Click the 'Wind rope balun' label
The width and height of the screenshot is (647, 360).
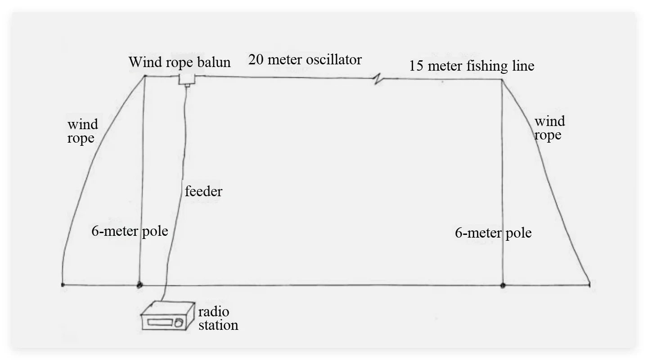(x=180, y=62)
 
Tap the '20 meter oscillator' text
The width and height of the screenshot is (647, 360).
(x=305, y=59)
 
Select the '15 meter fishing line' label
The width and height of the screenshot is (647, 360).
(x=472, y=66)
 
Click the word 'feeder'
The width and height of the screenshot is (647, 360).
(x=203, y=192)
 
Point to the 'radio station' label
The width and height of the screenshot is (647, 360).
(x=218, y=319)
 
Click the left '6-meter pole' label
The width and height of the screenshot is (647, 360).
(x=130, y=231)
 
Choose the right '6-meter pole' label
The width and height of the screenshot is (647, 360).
(x=493, y=233)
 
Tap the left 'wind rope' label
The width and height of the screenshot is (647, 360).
(x=82, y=131)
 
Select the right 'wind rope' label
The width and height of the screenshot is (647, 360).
(x=549, y=128)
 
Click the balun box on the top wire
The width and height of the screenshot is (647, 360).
(x=186, y=80)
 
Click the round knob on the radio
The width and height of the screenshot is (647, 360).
(x=179, y=322)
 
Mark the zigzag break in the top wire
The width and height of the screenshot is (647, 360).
(x=378, y=80)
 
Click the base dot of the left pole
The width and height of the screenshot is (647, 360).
(x=139, y=284)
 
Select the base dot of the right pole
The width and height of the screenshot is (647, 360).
(x=503, y=285)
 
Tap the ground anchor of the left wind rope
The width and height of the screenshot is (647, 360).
(x=63, y=284)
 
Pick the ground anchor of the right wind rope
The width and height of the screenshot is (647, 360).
(x=590, y=283)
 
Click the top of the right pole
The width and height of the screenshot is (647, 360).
(x=502, y=80)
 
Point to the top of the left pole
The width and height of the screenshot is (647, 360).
(x=144, y=76)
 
